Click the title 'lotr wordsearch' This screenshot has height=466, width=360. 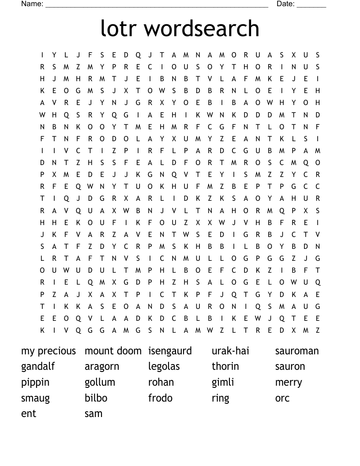click(180, 28)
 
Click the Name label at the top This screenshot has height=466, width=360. click(32, 4)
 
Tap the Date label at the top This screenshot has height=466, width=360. click(285, 4)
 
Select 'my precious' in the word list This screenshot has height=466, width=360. click(49, 351)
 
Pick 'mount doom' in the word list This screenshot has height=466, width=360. click(113, 351)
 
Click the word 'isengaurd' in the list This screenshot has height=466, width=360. click(170, 351)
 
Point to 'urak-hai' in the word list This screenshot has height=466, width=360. click(230, 351)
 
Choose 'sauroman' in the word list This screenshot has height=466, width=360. click(297, 351)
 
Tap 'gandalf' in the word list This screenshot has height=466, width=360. click(38, 367)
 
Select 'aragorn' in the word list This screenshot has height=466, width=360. click(102, 367)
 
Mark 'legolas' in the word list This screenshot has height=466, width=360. click(164, 367)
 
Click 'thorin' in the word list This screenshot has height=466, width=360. click(225, 366)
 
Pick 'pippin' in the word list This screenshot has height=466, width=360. click(35, 383)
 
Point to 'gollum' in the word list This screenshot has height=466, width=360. click(100, 382)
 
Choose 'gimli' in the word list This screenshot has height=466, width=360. click(223, 383)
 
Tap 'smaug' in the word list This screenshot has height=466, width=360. click(35, 398)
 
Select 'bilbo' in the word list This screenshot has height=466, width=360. click(96, 398)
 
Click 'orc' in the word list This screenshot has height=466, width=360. click(282, 398)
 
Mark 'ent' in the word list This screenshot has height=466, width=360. click(29, 414)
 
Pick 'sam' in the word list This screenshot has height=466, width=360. click(94, 414)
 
